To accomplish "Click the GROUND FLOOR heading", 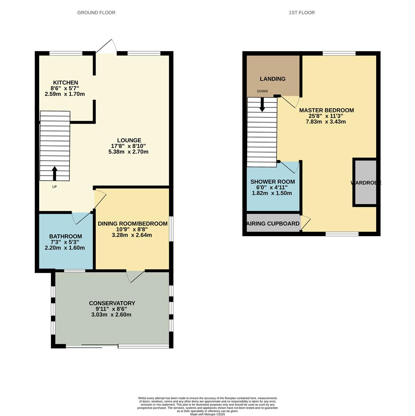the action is (96, 12).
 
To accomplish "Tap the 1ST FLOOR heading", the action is (302, 12).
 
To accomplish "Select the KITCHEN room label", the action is (66, 82).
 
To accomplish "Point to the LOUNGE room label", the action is (129, 140).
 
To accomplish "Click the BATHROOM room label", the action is (66, 236).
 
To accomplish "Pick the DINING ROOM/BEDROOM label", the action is (133, 223).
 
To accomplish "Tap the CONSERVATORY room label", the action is (112, 303).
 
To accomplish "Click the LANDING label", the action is (273, 79).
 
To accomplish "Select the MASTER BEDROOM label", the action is (327, 110).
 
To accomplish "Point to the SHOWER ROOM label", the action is (273, 182).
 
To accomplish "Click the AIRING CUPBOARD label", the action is (273, 224).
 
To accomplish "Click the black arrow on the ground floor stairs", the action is (54, 173).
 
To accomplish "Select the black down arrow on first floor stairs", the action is (262, 104).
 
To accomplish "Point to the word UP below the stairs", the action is (54, 187).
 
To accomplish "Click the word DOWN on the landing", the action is (262, 91).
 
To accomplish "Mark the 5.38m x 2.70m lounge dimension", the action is (128, 152).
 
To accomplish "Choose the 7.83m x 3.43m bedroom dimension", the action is (326, 122).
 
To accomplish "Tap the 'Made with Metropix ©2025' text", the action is (207, 414).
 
